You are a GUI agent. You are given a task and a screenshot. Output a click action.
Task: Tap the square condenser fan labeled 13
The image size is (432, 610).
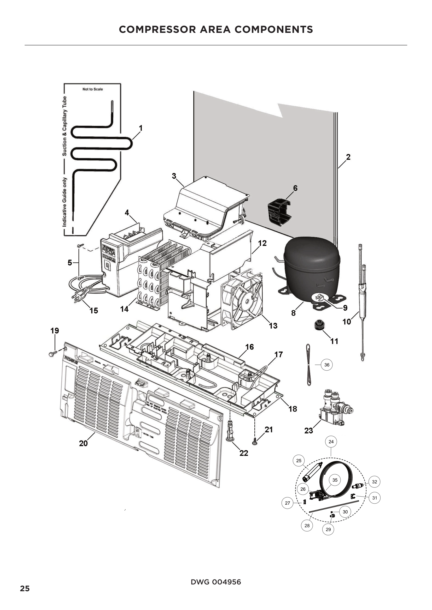click(242, 299)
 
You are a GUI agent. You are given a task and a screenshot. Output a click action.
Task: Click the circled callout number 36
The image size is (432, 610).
click(327, 365)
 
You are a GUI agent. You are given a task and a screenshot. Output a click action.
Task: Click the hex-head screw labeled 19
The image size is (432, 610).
click(52, 354)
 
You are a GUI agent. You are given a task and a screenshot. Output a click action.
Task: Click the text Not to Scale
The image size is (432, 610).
click(92, 89)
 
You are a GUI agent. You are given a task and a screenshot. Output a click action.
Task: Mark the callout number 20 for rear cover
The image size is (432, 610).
click(83, 443)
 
